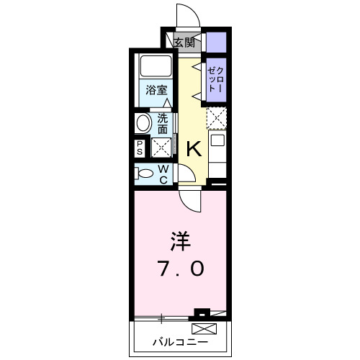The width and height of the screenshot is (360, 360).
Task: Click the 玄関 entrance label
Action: [184, 42]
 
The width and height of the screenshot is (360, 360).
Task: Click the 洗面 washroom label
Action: [163, 124]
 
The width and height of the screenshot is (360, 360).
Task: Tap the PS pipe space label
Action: [140, 147]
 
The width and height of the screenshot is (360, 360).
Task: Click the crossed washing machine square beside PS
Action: [161, 147]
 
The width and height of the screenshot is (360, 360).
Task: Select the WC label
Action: [163, 174]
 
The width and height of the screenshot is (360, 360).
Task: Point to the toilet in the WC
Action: [145, 173]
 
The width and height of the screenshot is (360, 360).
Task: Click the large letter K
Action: [194, 150]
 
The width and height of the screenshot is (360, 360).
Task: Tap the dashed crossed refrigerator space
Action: [216, 116]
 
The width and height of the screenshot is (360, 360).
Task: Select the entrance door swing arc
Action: [184, 14]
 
